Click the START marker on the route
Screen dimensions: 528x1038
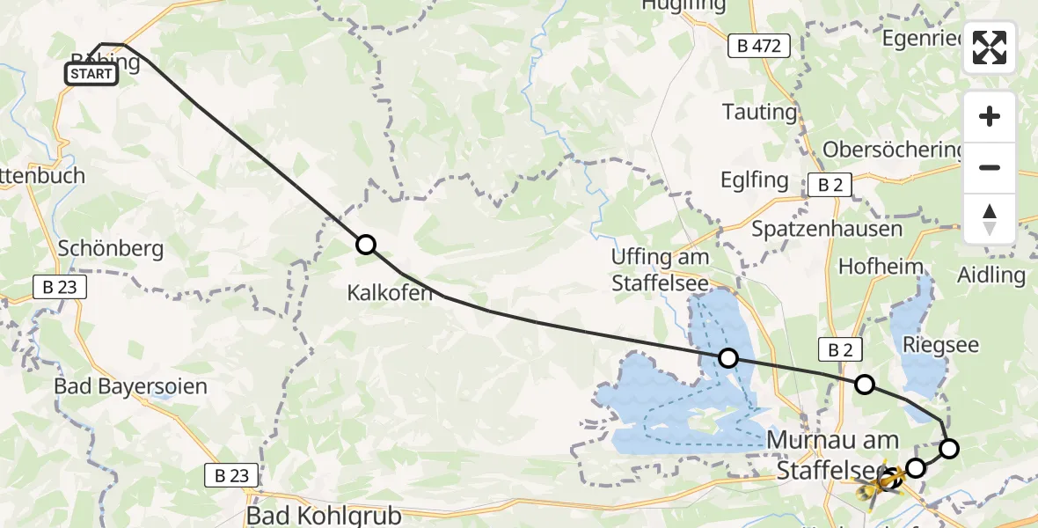91,74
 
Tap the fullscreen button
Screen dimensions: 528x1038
990,48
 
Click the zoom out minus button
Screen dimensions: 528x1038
990,167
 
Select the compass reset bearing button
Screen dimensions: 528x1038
990,218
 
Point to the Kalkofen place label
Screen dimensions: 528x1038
390,293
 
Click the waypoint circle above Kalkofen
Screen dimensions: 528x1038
365,245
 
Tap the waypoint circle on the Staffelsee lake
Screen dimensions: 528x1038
728,357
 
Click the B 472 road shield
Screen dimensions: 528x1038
759,47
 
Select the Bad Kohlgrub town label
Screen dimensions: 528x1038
324,516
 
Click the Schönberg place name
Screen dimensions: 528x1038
110,248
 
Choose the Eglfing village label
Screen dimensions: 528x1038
756,180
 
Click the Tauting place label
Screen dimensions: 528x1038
759,112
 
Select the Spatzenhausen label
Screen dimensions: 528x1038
827,229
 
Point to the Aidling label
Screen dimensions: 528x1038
991,275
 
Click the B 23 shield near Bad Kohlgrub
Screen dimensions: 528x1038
232,475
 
